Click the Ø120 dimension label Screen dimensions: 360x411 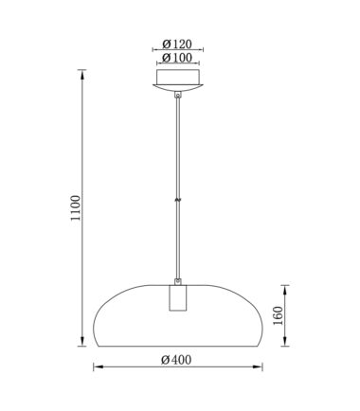tap(177, 44)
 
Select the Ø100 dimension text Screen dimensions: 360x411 tap(177, 58)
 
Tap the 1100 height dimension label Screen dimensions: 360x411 tap(76, 208)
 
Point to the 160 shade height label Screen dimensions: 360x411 tap(278, 315)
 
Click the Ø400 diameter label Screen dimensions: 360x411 tap(176, 360)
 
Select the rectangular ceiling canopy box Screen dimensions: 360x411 tap(178, 77)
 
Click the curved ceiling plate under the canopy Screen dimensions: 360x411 tap(178, 88)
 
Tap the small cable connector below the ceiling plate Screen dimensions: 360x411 tap(178, 95)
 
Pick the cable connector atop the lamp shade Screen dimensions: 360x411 tap(178, 281)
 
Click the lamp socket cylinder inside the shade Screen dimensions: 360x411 tap(178, 297)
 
